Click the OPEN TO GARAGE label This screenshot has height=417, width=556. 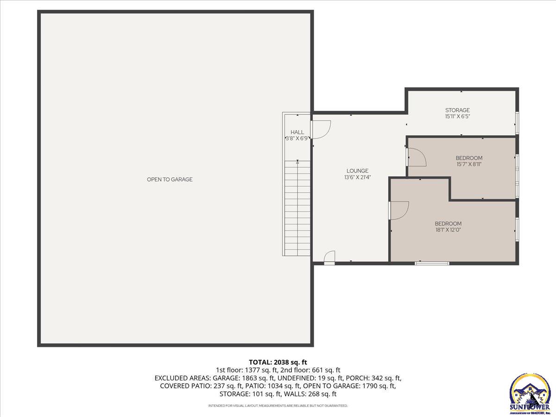170,179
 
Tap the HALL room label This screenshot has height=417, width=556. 297,132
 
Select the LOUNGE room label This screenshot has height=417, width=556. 357,171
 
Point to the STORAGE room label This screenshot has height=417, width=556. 457,110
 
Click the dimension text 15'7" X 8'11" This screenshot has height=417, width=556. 469,164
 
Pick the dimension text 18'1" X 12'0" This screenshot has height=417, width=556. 448,229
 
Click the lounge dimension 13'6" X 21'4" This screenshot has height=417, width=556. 357,177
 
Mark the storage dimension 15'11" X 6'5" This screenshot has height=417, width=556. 457,117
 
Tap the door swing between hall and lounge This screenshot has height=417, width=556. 321,129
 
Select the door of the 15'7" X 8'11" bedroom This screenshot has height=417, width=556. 416,157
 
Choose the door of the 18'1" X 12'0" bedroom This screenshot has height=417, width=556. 398,210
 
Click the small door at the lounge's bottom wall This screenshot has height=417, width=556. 329,258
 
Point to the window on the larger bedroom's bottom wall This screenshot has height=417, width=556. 432,263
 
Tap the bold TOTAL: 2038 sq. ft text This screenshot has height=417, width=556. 278,362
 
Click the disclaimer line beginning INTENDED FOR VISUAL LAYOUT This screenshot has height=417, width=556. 278,405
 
